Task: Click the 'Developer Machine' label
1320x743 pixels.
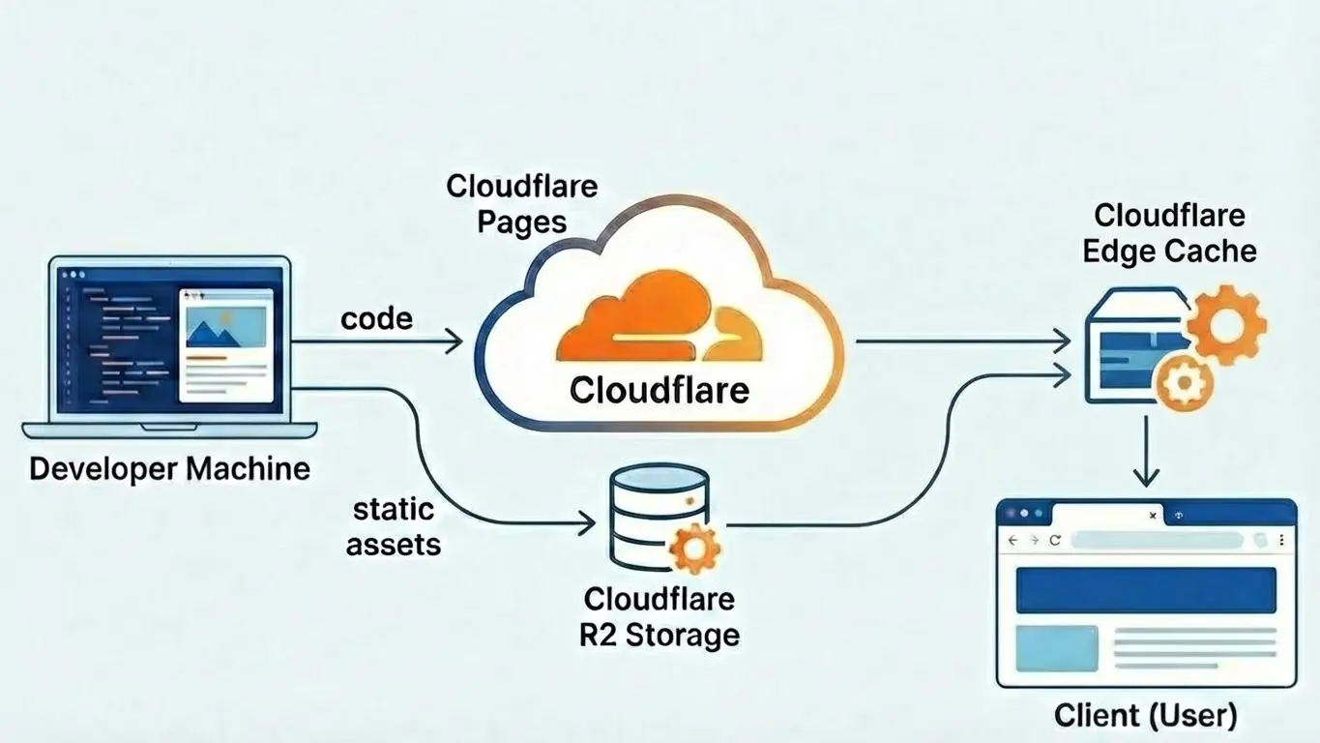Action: pos(169,469)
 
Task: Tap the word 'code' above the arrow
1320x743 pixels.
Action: pos(376,318)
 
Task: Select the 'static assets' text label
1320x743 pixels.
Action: pos(393,526)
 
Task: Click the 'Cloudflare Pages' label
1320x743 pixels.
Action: pos(521,203)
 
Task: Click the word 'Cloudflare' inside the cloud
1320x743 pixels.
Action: pos(659,390)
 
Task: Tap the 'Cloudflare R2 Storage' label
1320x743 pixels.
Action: pos(659,616)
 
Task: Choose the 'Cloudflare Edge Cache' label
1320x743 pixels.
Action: pos(1169,233)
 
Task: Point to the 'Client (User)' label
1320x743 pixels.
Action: pos(1145,716)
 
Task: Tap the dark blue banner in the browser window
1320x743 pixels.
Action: pos(1145,590)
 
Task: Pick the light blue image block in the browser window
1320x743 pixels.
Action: pos(1056,648)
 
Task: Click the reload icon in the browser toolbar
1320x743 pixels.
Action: pos(1054,541)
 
